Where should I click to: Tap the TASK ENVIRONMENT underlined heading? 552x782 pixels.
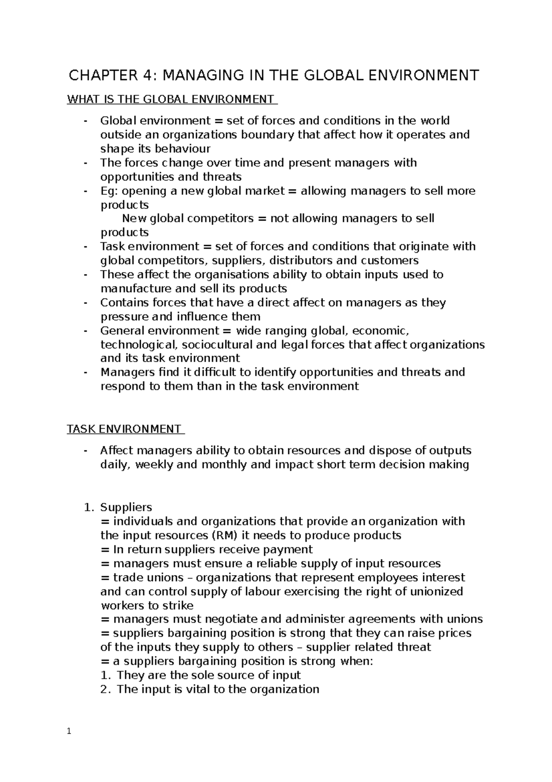coord(124,429)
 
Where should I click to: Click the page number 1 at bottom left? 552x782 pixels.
coord(69,731)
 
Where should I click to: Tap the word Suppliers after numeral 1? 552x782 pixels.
coord(126,507)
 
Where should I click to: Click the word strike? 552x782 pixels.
coord(179,605)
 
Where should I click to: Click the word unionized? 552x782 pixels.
coord(431,591)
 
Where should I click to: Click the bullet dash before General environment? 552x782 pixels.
coord(86,331)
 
